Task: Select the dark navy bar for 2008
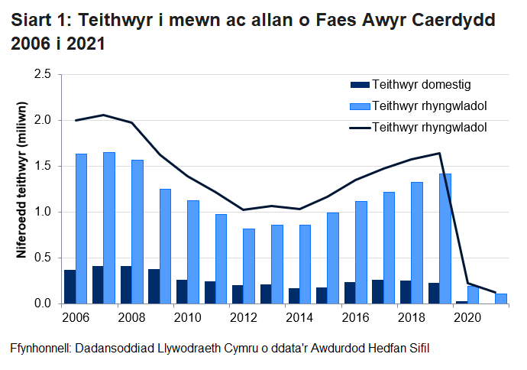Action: click(126, 284)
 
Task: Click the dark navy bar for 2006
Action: click(70, 287)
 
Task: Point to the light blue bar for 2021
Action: click(501, 298)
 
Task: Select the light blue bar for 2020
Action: click(474, 294)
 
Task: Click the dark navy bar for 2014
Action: click(294, 296)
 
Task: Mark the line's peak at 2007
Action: click(103, 115)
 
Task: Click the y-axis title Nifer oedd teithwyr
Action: click(22, 188)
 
